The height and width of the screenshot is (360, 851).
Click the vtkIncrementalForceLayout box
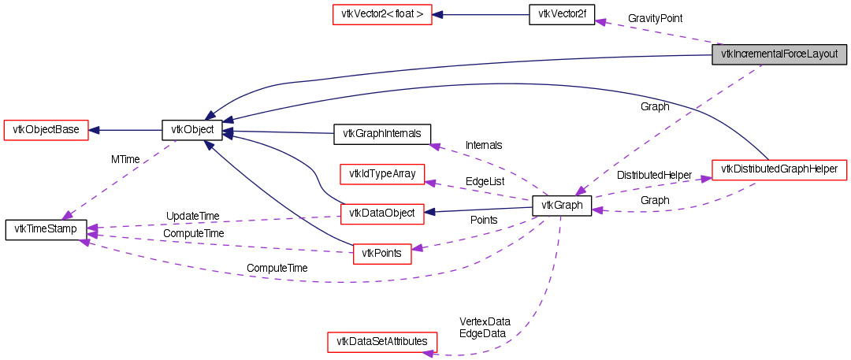coord(779,55)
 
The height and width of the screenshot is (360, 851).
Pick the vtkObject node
coord(191,130)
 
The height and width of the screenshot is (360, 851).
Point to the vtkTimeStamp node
coord(46,230)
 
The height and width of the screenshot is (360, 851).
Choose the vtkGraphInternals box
coord(382,134)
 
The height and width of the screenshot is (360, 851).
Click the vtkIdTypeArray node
coord(381,173)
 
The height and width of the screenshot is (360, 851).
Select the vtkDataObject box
coord(381,213)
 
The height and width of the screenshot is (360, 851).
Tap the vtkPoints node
coord(381,253)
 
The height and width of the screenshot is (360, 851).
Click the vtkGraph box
coord(562,206)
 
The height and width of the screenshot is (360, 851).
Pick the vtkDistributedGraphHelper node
coord(779,169)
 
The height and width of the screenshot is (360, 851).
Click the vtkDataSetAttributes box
coord(381,342)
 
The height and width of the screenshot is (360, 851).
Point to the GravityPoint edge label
coord(655,17)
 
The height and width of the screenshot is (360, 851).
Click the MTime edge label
coord(125,159)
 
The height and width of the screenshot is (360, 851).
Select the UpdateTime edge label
coord(192,216)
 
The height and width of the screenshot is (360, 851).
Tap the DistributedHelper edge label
coord(654,174)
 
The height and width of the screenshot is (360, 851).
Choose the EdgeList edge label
coord(485,180)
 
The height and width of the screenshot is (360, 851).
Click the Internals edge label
coord(484,145)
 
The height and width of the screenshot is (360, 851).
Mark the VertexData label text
coord(485,321)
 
